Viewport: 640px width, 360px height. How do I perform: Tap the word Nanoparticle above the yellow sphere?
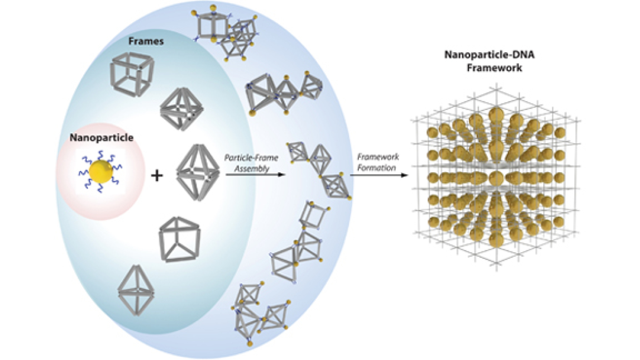tap(101, 138)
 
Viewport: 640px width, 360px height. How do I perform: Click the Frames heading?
tap(146, 42)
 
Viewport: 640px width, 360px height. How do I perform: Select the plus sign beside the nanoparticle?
tap(156, 176)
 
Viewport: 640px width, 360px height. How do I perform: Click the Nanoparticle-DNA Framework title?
tap(492, 61)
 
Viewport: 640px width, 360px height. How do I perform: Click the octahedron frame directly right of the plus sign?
tap(197, 173)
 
